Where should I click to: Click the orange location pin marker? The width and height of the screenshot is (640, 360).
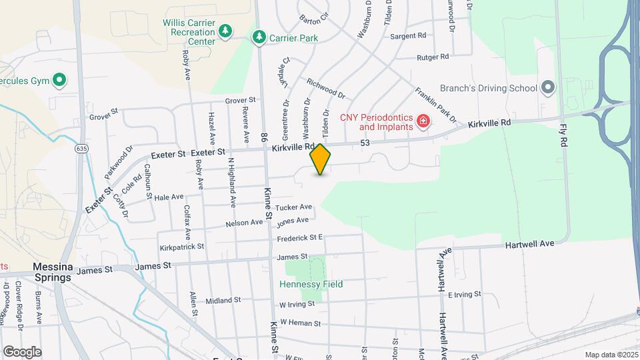(x=321, y=159)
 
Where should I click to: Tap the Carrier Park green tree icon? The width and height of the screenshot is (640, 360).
(x=259, y=38)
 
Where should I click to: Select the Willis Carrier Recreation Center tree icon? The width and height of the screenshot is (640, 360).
(x=225, y=31)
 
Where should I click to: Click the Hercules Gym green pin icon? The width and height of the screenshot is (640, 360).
(x=59, y=81)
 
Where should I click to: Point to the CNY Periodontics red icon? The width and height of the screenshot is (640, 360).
(x=423, y=121)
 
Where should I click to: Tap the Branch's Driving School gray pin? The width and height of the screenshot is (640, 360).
(x=548, y=88)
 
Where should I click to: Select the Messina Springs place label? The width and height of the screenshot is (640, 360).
(x=52, y=272)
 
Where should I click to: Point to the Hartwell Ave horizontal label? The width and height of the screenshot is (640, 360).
(x=529, y=245)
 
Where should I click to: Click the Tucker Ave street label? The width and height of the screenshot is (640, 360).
(x=293, y=207)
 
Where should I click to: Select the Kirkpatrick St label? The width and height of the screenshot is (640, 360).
(x=181, y=247)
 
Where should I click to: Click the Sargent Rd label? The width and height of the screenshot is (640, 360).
(x=408, y=36)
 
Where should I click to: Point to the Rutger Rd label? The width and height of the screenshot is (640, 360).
(x=433, y=58)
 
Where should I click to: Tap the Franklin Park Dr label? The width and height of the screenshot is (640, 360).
(x=435, y=105)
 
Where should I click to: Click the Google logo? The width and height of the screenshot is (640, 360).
(x=22, y=352)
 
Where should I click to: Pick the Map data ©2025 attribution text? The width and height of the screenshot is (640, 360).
(x=611, y=355)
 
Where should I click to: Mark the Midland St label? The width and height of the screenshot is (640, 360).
(x=223, y=301)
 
